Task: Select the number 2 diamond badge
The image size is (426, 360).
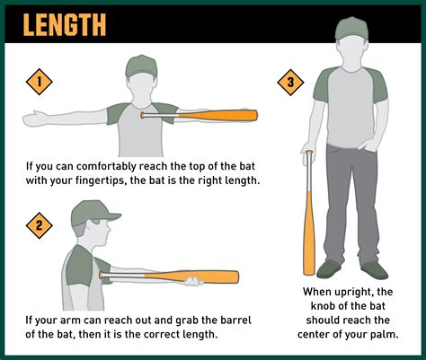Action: [x=38, y=225]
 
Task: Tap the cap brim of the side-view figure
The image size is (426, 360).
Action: [x=110, y=215]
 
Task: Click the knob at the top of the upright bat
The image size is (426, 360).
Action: [x=309, y=154]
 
